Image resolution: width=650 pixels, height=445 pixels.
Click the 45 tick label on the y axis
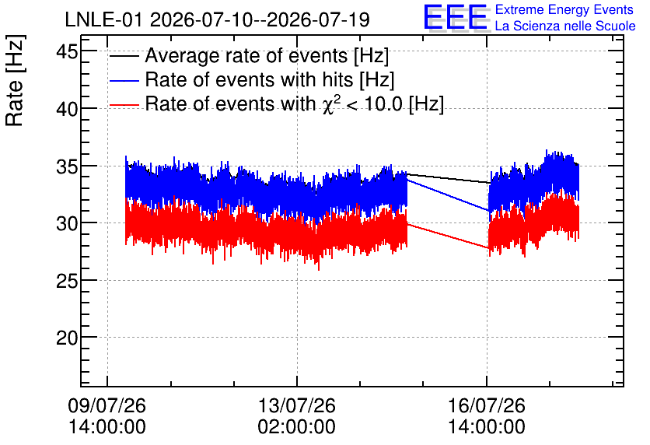[x=67, y=53]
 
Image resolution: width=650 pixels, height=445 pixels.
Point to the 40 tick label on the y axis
[x=67, y=110]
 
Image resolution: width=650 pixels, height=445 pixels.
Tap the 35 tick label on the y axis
[x=67, y=167]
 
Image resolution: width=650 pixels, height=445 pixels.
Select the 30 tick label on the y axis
[x=67, y=224]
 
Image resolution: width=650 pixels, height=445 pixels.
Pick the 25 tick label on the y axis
[x=67, y=282]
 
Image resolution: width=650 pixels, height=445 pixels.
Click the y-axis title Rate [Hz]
[x=15, y=80]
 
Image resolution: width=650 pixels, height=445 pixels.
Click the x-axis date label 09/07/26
[x=107, y=405]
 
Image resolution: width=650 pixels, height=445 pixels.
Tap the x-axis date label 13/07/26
[x=296, y=405]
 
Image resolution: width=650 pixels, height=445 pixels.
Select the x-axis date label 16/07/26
[x=486, y=405]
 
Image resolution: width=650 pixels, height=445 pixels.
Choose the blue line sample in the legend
[x=124, y=81]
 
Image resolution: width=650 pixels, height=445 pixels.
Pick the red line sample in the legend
[x=124, y=105]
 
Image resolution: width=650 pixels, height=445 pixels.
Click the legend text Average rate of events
[x=246, y=56]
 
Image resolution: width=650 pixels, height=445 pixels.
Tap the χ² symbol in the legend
[x=331, y=105]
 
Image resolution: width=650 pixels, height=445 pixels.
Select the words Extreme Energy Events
[x=564, y=9]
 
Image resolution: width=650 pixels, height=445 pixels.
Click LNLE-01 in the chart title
[x=105, y=20]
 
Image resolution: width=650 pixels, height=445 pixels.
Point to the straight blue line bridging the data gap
[x=448, y=195]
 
